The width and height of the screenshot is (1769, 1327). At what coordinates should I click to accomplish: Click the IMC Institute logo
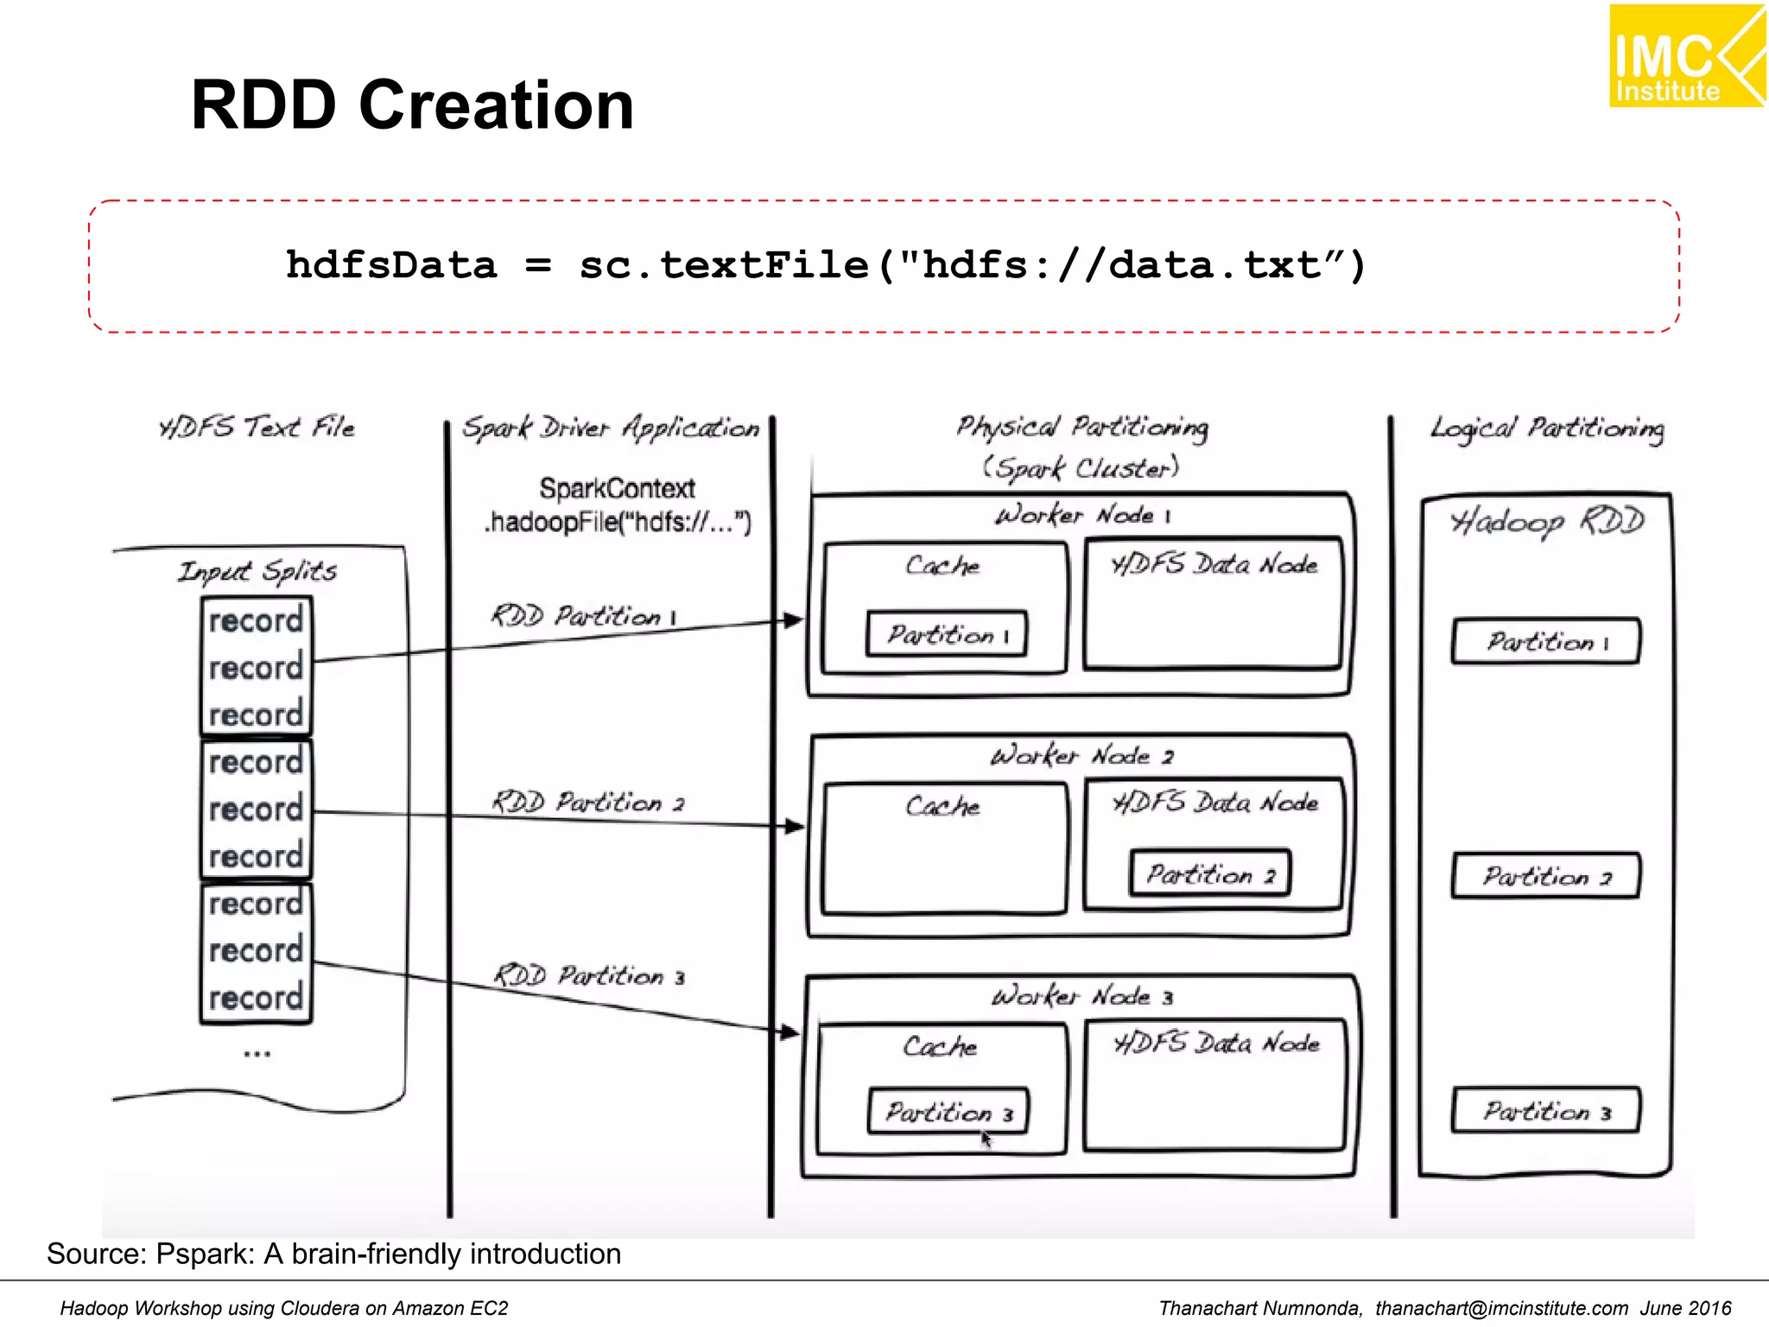click(x=1686, y=57)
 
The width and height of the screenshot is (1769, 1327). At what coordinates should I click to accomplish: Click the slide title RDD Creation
click(x=412, y=105)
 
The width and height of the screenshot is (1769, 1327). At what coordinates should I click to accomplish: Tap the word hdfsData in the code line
click(x=391, y=265)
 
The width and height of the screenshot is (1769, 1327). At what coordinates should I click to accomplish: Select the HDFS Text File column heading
click(x=257, y=428)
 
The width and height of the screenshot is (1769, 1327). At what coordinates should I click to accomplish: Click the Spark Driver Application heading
click(x=610, y=428)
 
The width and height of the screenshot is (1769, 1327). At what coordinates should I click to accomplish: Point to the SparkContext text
click(x=617, y=488)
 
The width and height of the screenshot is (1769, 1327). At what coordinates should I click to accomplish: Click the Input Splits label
click(x=257, y=571)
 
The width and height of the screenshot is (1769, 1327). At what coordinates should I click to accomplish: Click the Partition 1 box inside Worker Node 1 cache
click(x=947, y=635)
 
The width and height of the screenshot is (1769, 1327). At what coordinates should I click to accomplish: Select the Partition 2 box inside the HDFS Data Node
click(x=1209, y=874)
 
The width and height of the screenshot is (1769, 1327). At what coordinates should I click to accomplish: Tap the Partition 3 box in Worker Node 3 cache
click(x=948, y=1112)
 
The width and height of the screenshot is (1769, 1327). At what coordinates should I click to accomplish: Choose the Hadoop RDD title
click(x=1546, y=522)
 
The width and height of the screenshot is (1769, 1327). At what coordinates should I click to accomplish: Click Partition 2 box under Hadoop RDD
click(x=1545, y=877)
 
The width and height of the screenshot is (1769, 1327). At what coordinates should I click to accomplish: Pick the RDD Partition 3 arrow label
click(x=589, y=976)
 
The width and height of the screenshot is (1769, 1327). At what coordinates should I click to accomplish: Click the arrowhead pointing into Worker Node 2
click(x=794, y=827)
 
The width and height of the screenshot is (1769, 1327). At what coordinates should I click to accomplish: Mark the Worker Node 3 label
click(x=1081, y=997)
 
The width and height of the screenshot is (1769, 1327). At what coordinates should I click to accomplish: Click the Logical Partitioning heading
click(x=1546, y=429)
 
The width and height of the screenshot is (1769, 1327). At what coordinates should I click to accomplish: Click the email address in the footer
click(x=1501, y=1308)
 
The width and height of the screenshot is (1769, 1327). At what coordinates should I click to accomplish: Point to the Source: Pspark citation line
click(x=333, y=1254)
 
